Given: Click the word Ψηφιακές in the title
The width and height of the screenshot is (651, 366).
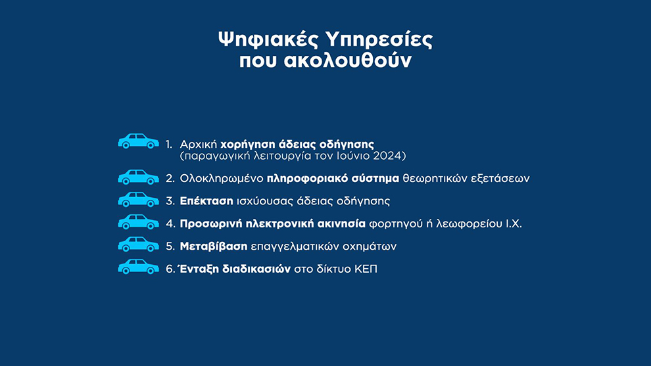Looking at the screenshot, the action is [268, 40].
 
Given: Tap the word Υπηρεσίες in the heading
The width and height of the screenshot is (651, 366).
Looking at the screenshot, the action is [379, 40].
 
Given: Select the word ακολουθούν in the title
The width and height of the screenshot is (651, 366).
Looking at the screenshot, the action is [347, 60].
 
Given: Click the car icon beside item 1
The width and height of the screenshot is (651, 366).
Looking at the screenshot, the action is [138, 141].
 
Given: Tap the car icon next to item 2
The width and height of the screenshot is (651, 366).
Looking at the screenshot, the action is [138, 177].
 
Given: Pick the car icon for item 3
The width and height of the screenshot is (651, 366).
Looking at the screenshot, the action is [138, 200].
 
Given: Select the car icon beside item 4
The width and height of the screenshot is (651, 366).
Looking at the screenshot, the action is [138, 222].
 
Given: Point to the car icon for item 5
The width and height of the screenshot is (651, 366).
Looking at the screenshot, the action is [138, 244].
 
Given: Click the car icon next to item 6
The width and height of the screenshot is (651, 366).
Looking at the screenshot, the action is [138, 267].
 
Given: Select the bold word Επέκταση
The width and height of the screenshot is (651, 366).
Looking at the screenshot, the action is [206, 201].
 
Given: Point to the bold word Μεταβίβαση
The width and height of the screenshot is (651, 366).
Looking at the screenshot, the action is [214, 246].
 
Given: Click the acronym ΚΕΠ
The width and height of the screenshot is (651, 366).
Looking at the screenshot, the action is [366, 269].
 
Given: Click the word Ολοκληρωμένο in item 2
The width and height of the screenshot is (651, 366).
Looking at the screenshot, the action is [222, 179].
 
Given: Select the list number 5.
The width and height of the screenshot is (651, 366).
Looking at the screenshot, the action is [170, 246].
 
